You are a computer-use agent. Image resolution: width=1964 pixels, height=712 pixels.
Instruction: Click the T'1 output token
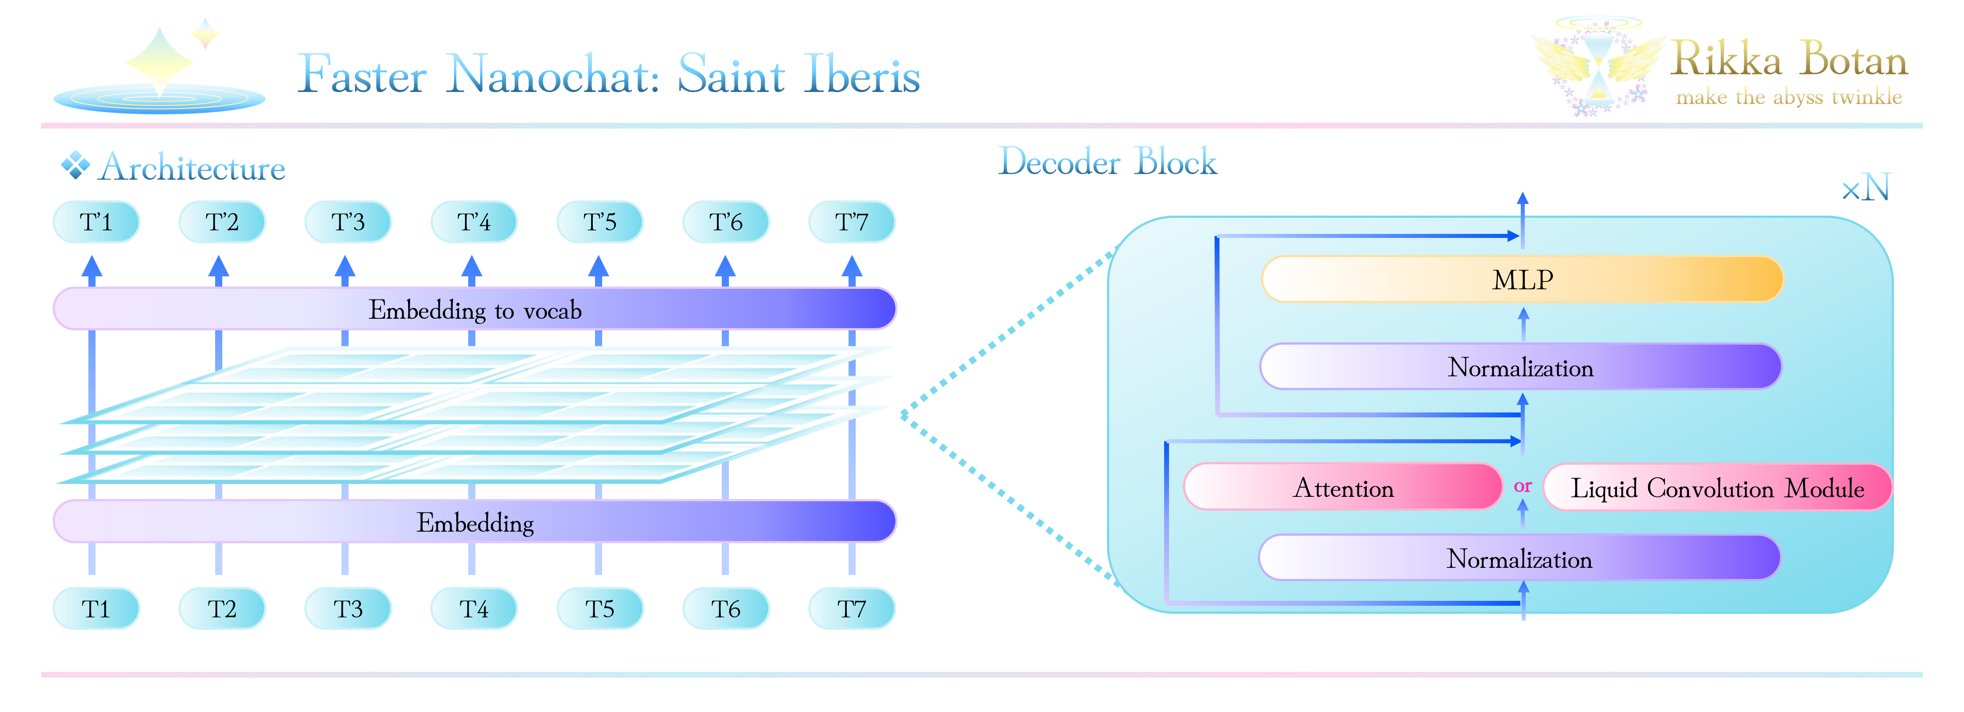tap(96, 222)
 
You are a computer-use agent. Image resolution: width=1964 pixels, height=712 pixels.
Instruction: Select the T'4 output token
tap(474, 222)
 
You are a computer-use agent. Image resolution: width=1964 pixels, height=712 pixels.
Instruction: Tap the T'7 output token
tap(852, 222)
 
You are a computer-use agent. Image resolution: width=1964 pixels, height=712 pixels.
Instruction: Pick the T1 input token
tap(96, 608)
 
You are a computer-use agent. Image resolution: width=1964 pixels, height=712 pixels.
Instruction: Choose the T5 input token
tap(599, 608)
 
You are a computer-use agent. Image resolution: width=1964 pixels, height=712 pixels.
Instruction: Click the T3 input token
tap(348, 608)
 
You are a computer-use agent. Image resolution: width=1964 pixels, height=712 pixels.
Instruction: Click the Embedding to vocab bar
tap(474, 309)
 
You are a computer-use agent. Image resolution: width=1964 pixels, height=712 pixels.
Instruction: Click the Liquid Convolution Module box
tap(1717, 487)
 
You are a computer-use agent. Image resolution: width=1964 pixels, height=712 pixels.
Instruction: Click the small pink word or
tap(1523, 486)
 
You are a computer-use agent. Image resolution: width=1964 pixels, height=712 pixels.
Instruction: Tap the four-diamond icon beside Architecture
tap(75, 165)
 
